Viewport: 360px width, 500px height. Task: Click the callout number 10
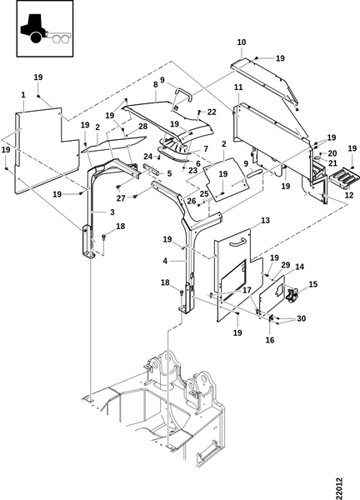[242, 42]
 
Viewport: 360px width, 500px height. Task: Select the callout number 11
[238, 87]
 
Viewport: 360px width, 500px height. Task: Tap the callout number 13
[265, 220]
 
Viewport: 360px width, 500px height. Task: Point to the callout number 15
[313, 284]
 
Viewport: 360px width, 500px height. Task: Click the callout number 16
[270, 340]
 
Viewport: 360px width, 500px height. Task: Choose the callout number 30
[302, 318]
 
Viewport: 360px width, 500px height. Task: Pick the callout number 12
[349, 195]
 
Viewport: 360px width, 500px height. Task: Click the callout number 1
[23, 95]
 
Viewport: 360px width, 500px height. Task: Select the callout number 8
[155, 84]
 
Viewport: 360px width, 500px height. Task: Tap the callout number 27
[121, 198]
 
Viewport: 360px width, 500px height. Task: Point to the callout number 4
[165, 261]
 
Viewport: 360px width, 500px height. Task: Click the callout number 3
[112, 212]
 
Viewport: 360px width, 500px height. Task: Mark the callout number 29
[285, 265]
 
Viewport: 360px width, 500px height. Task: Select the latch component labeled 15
[291, 295]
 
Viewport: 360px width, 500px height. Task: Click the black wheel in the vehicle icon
[36, 38]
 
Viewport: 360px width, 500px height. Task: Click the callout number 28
[142, 127]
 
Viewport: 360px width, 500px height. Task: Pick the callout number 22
[212, 112]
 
